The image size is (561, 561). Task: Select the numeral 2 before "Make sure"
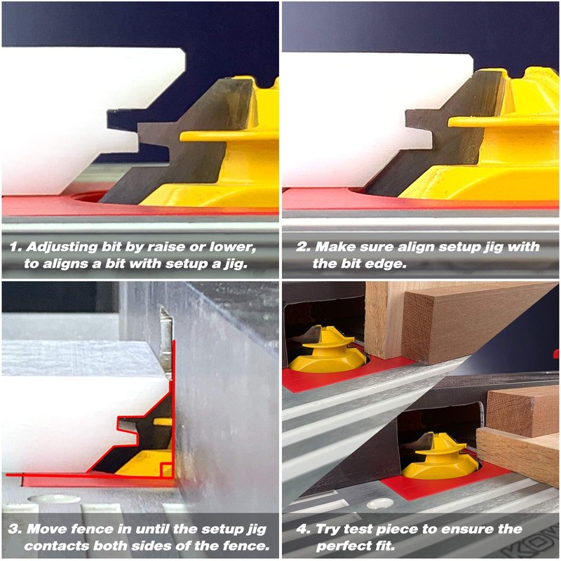(x=302, y=247)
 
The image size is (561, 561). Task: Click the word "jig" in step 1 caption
(x=236, y=264)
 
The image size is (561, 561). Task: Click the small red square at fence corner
(x=167, y=470)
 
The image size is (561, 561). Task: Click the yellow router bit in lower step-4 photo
(x=440, y=457)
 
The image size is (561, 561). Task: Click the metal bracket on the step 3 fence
(x=166, y=343)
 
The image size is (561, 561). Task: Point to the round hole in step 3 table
(x=54, y=499)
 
